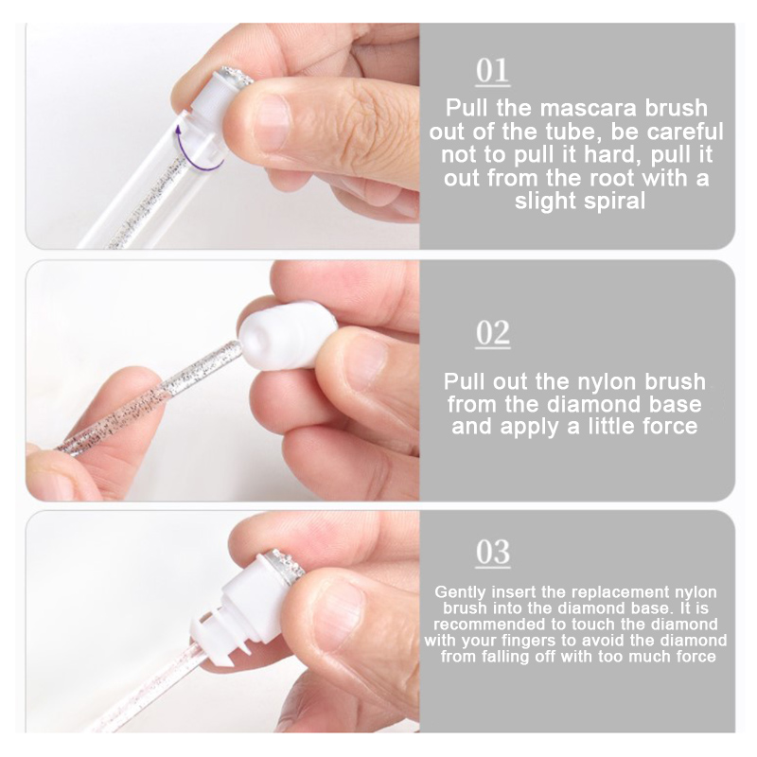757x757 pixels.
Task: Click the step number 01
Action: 492,72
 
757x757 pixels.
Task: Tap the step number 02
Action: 492,334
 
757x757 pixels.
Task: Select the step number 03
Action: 492,553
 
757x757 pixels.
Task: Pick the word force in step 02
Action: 668,427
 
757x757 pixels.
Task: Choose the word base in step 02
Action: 674,404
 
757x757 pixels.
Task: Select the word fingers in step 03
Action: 534,642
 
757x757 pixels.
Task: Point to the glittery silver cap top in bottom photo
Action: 286,566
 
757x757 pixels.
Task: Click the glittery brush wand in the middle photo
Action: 150,396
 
